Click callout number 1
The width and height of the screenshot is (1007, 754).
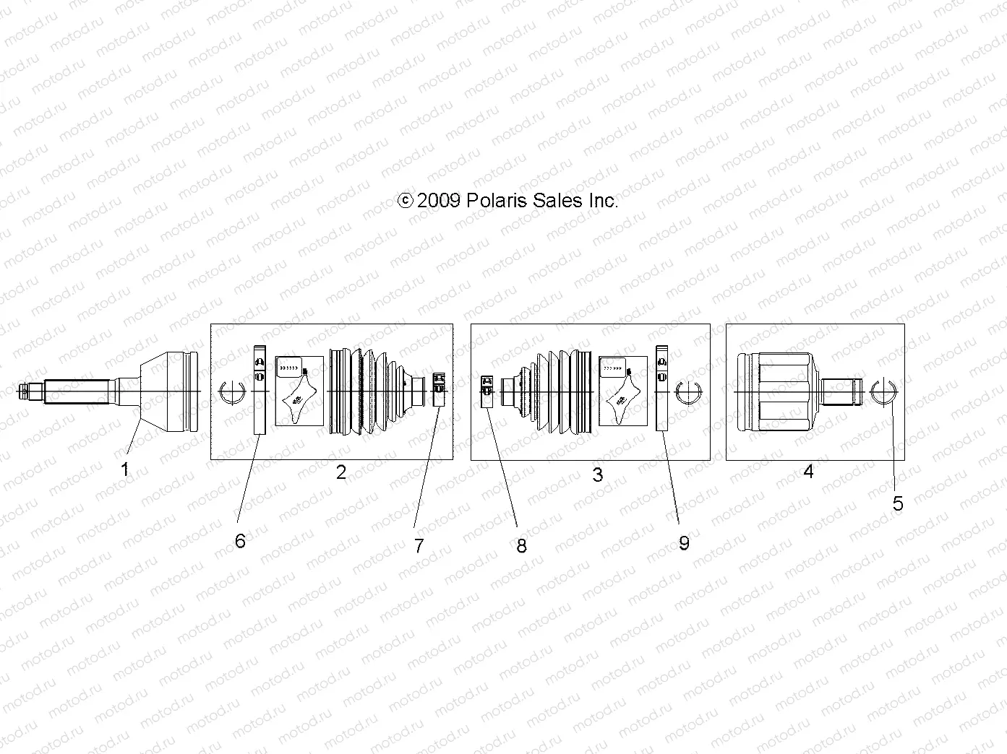pyautogui.click(x=124, y=469)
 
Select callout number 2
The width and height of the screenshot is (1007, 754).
pyautogui.click(x=341, y=472)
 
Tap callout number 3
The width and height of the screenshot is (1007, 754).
pyautogui.click(x=597, y=474)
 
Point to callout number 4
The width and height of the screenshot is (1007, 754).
pyautogui.click(x=808, y=472)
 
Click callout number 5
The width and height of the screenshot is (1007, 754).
pyautogui.click(x=898, y=503)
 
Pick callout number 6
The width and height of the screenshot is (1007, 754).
pyautogui.click(x=240, y=540)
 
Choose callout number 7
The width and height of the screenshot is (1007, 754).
pyautogui.click(x=419, y=545)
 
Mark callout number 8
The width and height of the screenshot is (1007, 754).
pyautogui.click(x=521, y=546)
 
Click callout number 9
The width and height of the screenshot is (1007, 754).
pyautogui.click(x=684, y=542)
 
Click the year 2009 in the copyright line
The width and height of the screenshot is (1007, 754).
pyautogui.click(x=439, y=201)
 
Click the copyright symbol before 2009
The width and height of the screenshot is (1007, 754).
pyautogui.click(x=406, y=201)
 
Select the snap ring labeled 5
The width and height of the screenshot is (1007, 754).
pyautogui.click(x=883, y=391)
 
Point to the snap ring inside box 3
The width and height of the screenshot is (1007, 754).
pyautogui.click(x=690, y=391)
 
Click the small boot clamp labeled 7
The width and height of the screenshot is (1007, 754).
pyautogui.click(x=438, y=389)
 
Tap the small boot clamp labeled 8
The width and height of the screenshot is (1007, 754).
pyautogui.click(x=487, y=391)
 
